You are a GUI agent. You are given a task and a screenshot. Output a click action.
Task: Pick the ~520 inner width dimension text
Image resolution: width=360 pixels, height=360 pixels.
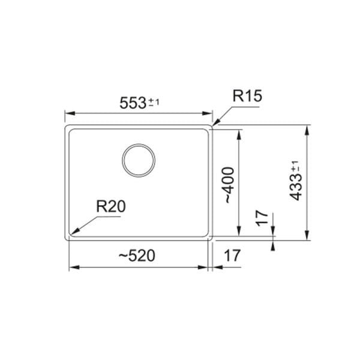136,255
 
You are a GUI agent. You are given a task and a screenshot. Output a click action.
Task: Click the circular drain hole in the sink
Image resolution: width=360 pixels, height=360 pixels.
139,160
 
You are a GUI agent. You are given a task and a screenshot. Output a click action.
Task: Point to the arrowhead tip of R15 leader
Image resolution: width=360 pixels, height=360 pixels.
214,125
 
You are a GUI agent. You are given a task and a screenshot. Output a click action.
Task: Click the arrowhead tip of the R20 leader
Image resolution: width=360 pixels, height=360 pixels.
71,234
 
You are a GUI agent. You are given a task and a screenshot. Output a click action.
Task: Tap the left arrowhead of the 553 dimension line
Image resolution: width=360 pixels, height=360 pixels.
67,113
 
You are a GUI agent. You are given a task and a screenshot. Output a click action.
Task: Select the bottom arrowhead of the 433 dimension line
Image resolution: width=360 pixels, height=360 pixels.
308,239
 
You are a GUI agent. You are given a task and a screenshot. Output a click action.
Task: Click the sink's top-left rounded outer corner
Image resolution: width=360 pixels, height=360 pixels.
66,127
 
